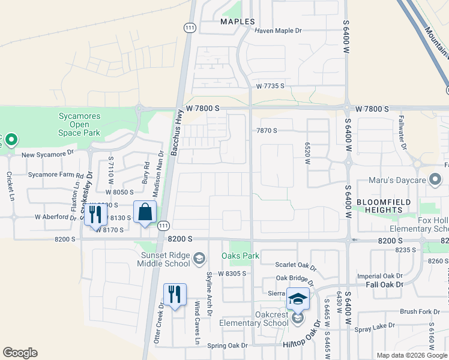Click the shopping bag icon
coord(145,212)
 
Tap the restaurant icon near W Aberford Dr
coord(95,214)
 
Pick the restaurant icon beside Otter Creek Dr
coord(175,295)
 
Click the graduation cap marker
coord(298,298)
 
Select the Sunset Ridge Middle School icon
coord(199,259)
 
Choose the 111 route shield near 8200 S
coord(163,226)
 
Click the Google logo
coord(20,353)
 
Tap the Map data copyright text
coord(411,355)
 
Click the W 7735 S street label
coord(270,86)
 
